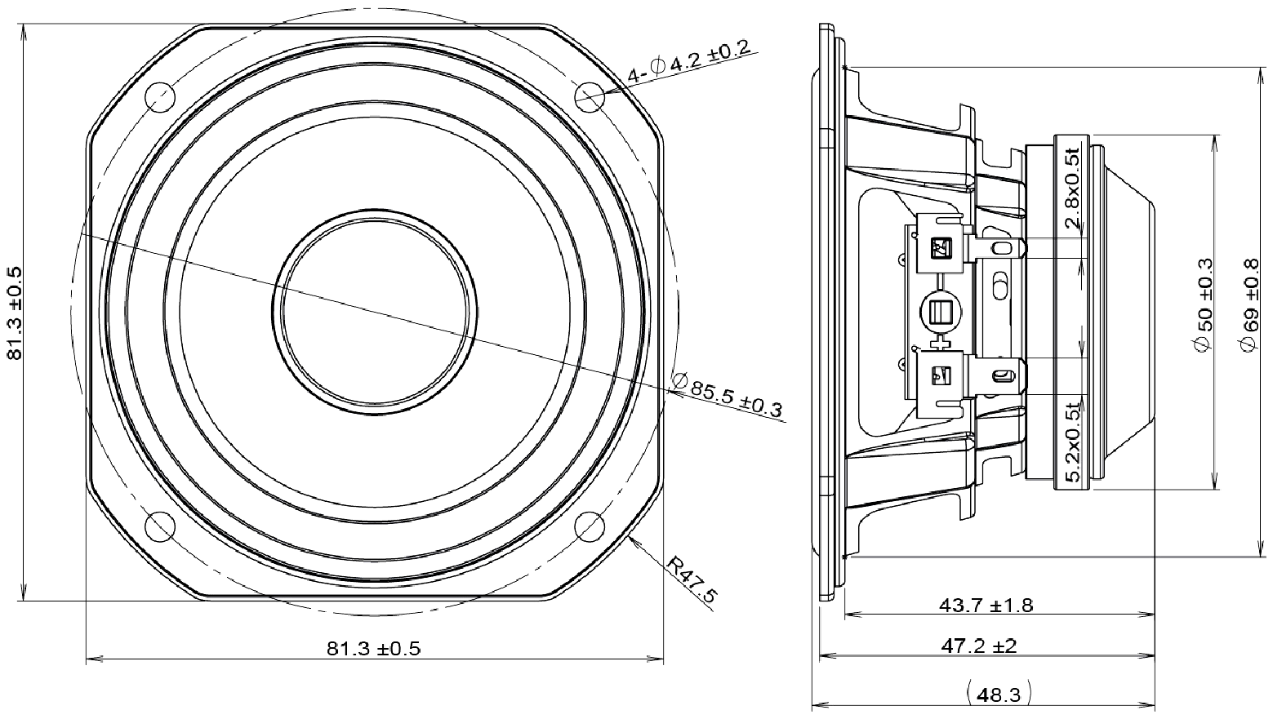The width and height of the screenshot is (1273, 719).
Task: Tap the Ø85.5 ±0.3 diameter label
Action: (x=726, y=396)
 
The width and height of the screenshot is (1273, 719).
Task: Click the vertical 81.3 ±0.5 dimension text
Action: (x=15, y=312)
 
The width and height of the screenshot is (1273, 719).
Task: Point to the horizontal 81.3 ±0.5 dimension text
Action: (x=373, y=649)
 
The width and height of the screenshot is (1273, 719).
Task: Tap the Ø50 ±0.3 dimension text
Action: (x=1203, y=305)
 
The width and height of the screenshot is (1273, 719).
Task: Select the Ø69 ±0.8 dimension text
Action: (x=1249, y=305)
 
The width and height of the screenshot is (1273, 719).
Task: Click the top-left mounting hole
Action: (x=160, y=97)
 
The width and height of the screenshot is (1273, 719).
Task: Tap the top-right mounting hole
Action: (x=590, y=97)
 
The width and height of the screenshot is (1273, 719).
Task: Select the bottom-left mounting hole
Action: (x=160, y=526)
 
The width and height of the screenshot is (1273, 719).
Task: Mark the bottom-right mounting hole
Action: (x=590, y=526)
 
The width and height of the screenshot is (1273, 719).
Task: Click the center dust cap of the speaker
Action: (x=375, y=311)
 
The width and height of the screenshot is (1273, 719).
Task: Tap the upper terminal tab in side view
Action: (x=1000, y=247)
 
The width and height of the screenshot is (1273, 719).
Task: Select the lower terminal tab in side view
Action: (x=1000, y=375)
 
